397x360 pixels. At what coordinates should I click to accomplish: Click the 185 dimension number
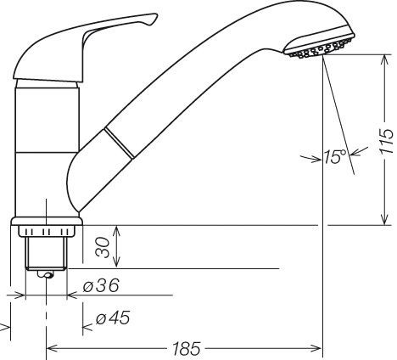point(187,349)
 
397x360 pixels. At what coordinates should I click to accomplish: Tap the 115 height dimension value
point(387,142)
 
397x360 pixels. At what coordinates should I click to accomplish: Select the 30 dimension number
point(103,248)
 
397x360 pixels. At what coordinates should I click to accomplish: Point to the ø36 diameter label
point(101,285)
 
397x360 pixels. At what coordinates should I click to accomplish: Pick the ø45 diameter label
point(113,318)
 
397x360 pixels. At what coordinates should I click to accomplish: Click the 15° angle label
point(335,156)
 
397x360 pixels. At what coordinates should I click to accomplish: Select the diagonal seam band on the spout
point(120,143)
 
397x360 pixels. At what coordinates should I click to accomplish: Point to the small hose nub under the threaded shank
point(45,274)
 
